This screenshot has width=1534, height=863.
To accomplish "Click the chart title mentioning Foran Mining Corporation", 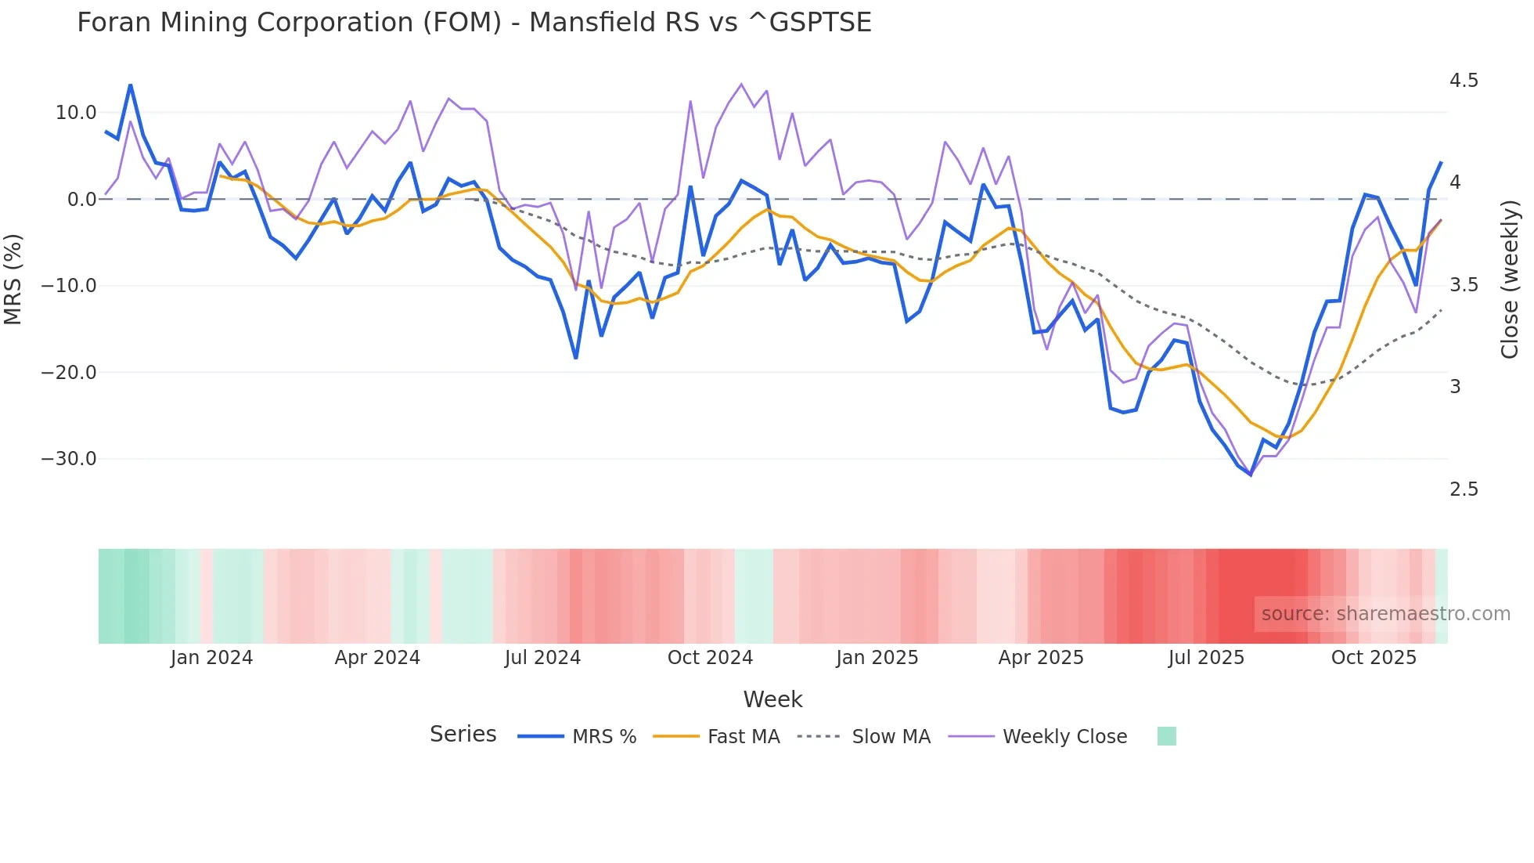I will tap(474, 22).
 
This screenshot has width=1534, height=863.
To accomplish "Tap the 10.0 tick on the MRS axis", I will tap(75, 113).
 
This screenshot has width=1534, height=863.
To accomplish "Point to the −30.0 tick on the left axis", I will tap(69, 459).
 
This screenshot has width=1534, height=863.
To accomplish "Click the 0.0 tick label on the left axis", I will tap(81, 200).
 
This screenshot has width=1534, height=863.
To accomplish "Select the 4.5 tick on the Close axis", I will tap(1464, 81).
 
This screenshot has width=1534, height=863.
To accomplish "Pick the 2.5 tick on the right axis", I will tap(1464, 489).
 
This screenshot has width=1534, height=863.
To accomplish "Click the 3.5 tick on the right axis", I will tap(1464, 285).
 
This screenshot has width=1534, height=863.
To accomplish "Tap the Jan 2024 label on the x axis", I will tap(211, 658).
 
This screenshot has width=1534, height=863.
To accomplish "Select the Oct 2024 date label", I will tap(710, 658).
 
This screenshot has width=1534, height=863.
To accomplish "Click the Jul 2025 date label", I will tap(1206, 658).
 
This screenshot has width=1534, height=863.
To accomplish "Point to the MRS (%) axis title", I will tap(13, 279).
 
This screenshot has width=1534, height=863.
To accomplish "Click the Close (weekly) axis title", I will tap(1510, 279).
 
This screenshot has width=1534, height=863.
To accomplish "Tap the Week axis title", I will tap(772, 699).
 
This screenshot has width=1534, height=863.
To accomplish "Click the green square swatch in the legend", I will tap(1166, 736).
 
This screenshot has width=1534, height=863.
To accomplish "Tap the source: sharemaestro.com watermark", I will tap(1385, 614).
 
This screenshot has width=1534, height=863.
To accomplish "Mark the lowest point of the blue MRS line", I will tap(1251, 475).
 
